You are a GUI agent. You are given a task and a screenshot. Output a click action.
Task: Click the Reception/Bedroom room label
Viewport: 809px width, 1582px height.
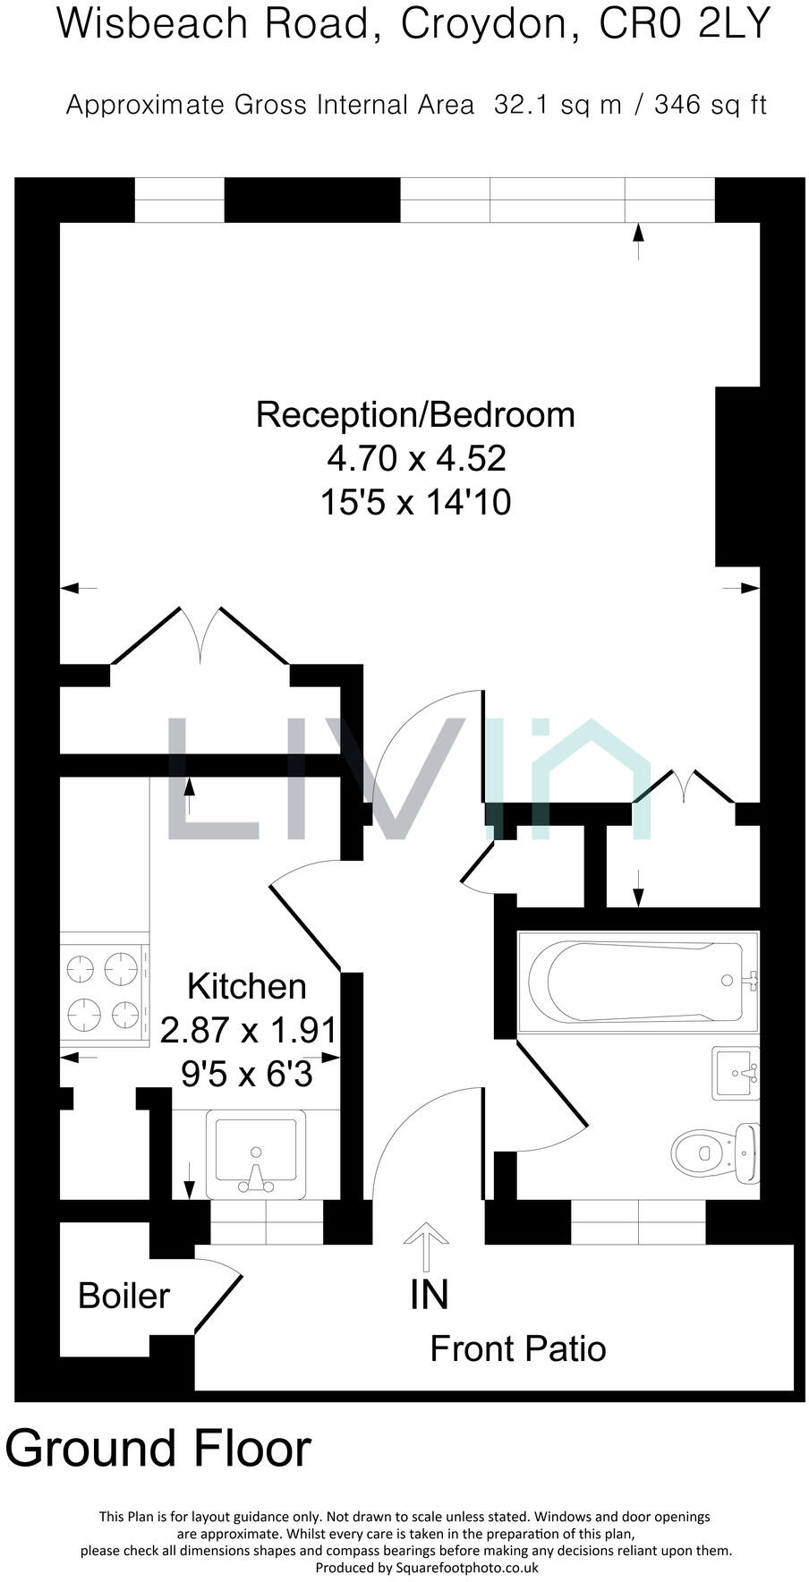(415, 415)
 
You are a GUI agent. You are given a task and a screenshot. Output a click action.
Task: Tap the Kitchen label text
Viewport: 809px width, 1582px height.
(246, 986)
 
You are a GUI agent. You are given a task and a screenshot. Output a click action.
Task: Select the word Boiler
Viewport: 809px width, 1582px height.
(123, 1296)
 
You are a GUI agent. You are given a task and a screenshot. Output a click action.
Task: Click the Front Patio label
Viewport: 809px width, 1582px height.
(517, 1348)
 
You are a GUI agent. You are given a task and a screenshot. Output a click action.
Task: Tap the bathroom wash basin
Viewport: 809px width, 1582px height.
(736, 1073)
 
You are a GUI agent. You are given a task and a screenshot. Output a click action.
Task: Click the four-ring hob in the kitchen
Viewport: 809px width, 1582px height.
(105, 991)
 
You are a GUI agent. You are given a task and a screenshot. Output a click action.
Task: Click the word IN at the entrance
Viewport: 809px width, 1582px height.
(429, 1295)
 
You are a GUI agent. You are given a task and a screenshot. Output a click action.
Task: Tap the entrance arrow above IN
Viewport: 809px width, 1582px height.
(426, 1245)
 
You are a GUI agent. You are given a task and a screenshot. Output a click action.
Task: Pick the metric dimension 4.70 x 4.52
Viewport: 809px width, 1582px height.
(416, 458)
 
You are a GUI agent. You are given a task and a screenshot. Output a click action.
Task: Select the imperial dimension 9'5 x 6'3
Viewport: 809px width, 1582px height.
(246, 1073)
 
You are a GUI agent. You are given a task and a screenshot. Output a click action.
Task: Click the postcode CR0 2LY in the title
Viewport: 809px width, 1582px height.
(685, 24)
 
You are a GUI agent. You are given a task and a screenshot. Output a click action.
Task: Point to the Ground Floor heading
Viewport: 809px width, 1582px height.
(158, 1448)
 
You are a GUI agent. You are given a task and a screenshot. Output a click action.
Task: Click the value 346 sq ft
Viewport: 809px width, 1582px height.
(711, 105)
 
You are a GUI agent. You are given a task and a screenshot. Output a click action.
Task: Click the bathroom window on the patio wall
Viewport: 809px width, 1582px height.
(638, 1222)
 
